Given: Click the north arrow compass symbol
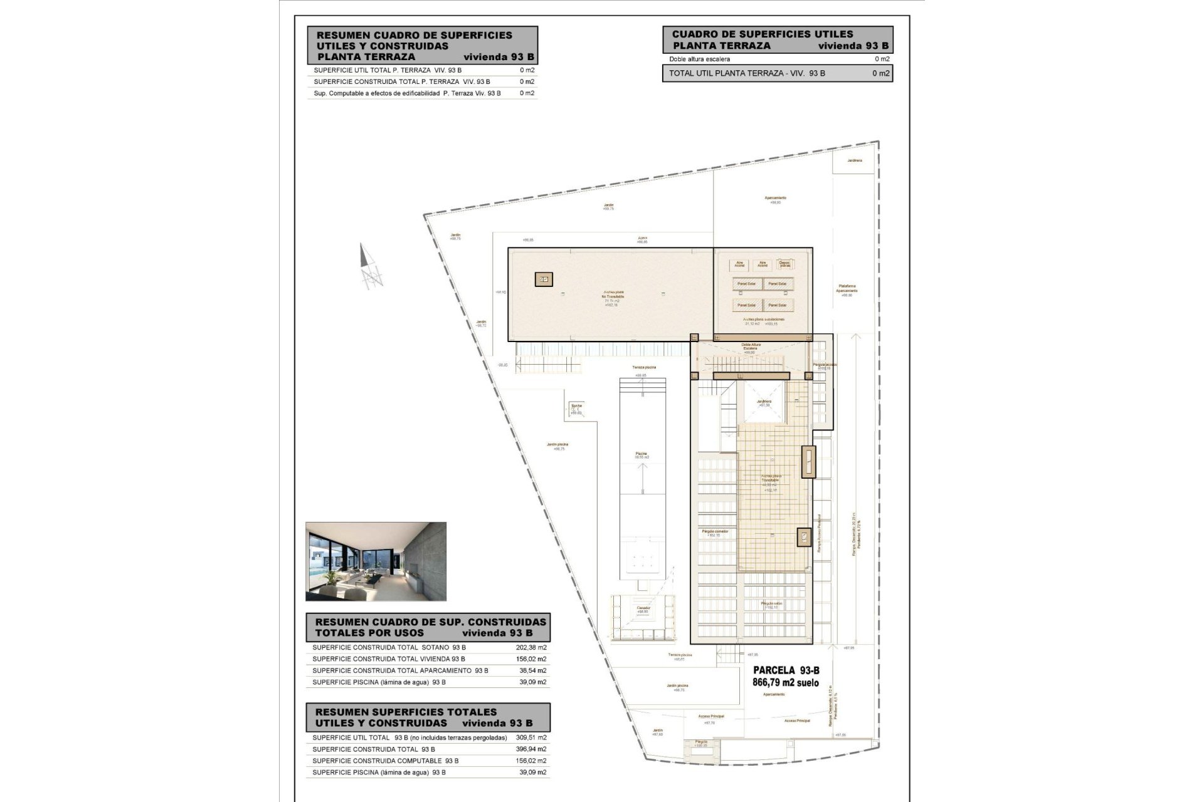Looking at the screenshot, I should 371,267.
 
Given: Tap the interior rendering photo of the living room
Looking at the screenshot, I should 376,561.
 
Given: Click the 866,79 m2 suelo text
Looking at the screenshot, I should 785,683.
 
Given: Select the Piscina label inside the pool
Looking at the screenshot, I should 641,454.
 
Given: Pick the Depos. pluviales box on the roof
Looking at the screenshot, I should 784,264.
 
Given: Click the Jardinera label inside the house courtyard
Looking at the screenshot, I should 764,402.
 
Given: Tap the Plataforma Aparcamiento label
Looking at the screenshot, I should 846,289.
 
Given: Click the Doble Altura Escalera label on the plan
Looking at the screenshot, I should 750,346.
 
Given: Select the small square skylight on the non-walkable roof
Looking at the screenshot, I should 544,279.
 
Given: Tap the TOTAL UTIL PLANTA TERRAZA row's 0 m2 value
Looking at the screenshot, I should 880,73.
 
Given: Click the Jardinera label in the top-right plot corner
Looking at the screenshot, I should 854,160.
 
